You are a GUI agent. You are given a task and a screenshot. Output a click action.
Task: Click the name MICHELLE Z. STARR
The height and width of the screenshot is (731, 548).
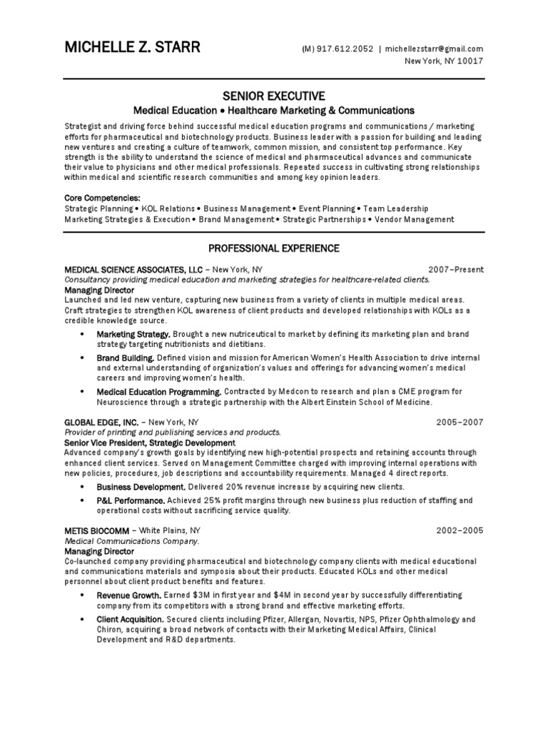tap(133, 49)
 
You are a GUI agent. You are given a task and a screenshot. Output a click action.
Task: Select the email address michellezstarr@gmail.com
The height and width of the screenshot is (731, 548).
tap(435, 49)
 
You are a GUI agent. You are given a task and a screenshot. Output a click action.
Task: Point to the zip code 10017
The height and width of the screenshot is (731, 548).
tap(471, 61)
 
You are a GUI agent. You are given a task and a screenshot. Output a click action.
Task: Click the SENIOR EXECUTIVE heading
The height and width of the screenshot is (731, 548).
tap(274, 96)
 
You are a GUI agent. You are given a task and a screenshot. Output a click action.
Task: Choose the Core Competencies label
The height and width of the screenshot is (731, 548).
tap(103, 197)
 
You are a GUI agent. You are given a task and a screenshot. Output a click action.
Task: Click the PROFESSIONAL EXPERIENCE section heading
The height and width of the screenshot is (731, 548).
tap(274, 248)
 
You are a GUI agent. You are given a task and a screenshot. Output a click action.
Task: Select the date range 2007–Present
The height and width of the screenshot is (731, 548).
tap(456, 270)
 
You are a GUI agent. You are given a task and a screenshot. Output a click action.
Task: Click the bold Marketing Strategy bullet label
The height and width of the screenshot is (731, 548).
tap(133, 334)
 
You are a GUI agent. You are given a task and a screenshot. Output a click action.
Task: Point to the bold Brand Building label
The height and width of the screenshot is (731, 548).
tap(126, 357)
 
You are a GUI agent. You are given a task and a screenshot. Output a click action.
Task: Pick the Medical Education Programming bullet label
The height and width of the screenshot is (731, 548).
tap(159, 391)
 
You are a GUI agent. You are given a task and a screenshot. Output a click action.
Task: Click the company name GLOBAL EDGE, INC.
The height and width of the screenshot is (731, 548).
tap(101, 422)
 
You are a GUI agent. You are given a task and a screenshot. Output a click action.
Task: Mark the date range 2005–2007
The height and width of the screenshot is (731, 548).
tap(460, 422)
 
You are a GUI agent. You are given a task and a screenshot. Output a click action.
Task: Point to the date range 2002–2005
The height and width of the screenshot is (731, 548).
tap(460, 530)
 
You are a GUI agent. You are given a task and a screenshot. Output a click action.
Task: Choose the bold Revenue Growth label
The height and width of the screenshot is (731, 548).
tap(129, 595)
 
